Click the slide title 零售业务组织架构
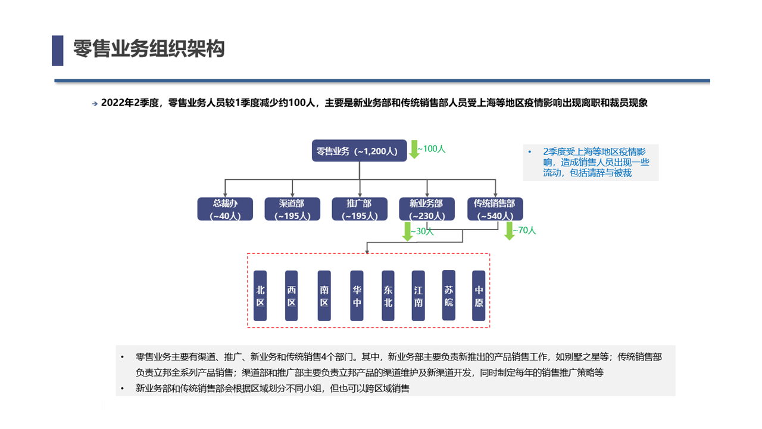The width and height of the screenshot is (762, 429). tap(149, 49)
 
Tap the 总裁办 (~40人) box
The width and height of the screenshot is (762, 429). tap(226, 209)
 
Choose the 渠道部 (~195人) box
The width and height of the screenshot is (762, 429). tap(292, 209)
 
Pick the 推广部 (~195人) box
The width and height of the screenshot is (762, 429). tap(359, 209)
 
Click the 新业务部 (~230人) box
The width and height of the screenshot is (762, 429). tap(426, 209)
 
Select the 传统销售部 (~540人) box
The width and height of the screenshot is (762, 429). tap(495, 209)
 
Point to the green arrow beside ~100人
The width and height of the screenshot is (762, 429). tap(414, 149)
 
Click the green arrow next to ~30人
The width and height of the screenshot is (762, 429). tap(407, 231)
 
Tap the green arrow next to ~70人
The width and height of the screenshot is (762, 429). tap(509, 231)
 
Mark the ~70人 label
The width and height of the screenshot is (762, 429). tap(526, 231)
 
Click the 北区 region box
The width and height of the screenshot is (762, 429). tap(260, 296)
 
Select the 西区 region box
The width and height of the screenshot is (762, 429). tap(291, 296)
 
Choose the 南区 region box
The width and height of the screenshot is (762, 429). tap(324, 296)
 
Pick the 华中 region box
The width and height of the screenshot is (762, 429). tap(357, 296)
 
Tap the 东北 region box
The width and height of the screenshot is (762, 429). tap(388, 296)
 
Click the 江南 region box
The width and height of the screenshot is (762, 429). tap(419, 296)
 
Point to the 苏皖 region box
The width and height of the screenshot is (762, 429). tap(449, 295)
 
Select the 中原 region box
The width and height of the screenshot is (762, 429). tap(479, 296)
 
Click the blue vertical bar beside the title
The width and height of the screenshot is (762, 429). tap(58, 50)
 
